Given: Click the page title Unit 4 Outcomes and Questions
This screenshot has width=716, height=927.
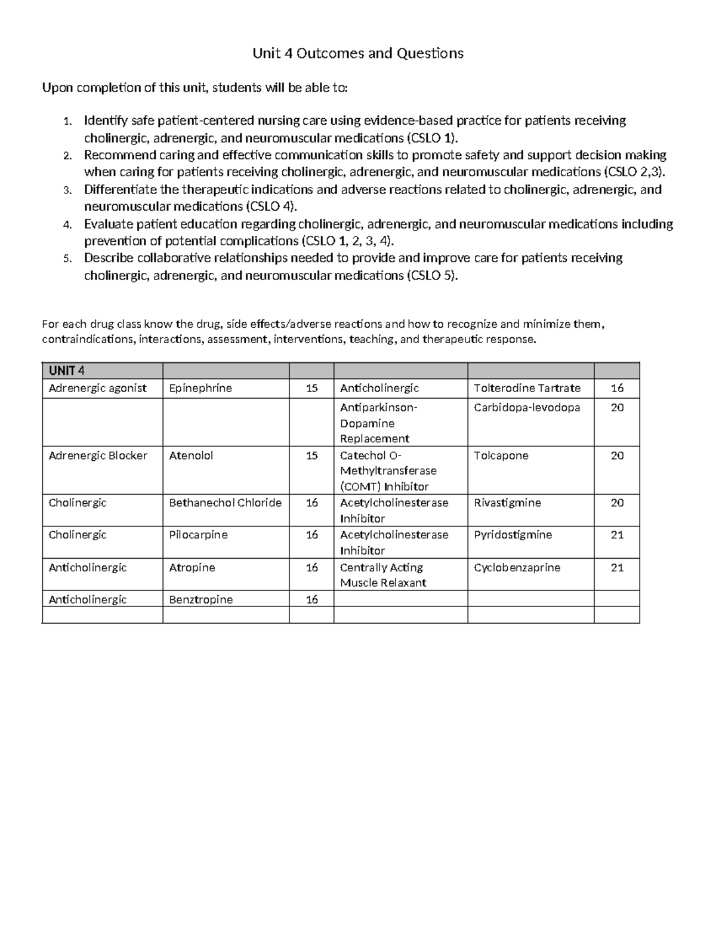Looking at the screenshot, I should point(358,54).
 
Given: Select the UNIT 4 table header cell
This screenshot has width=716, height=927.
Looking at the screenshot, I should point(66,371).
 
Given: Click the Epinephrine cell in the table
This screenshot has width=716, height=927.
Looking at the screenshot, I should point(200,388).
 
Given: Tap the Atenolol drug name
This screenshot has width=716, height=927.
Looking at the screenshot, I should point(191,455).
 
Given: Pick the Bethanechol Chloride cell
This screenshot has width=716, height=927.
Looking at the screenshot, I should point(225,503).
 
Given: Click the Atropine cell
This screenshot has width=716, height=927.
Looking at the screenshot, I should point(192,568).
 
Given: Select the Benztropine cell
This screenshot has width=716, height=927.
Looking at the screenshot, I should point(200,599).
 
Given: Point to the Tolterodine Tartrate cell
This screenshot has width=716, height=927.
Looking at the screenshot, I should point(527,388).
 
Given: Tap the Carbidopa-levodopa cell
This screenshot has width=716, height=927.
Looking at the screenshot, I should point(527,408).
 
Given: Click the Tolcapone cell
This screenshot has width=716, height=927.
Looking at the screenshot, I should point(501,455).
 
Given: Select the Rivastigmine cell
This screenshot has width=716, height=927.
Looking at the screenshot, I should point(507,503).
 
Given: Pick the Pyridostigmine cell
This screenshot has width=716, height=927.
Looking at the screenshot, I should point(513,535).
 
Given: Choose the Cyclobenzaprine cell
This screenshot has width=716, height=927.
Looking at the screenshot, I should point(517,568).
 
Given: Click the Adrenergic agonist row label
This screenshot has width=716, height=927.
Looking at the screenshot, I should point(97,388).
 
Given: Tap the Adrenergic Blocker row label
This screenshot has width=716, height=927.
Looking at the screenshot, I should point(98,455).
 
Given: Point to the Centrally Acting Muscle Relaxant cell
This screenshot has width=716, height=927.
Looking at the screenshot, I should point(382,575).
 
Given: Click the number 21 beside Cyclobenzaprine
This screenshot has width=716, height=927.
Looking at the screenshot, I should point(617,568).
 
